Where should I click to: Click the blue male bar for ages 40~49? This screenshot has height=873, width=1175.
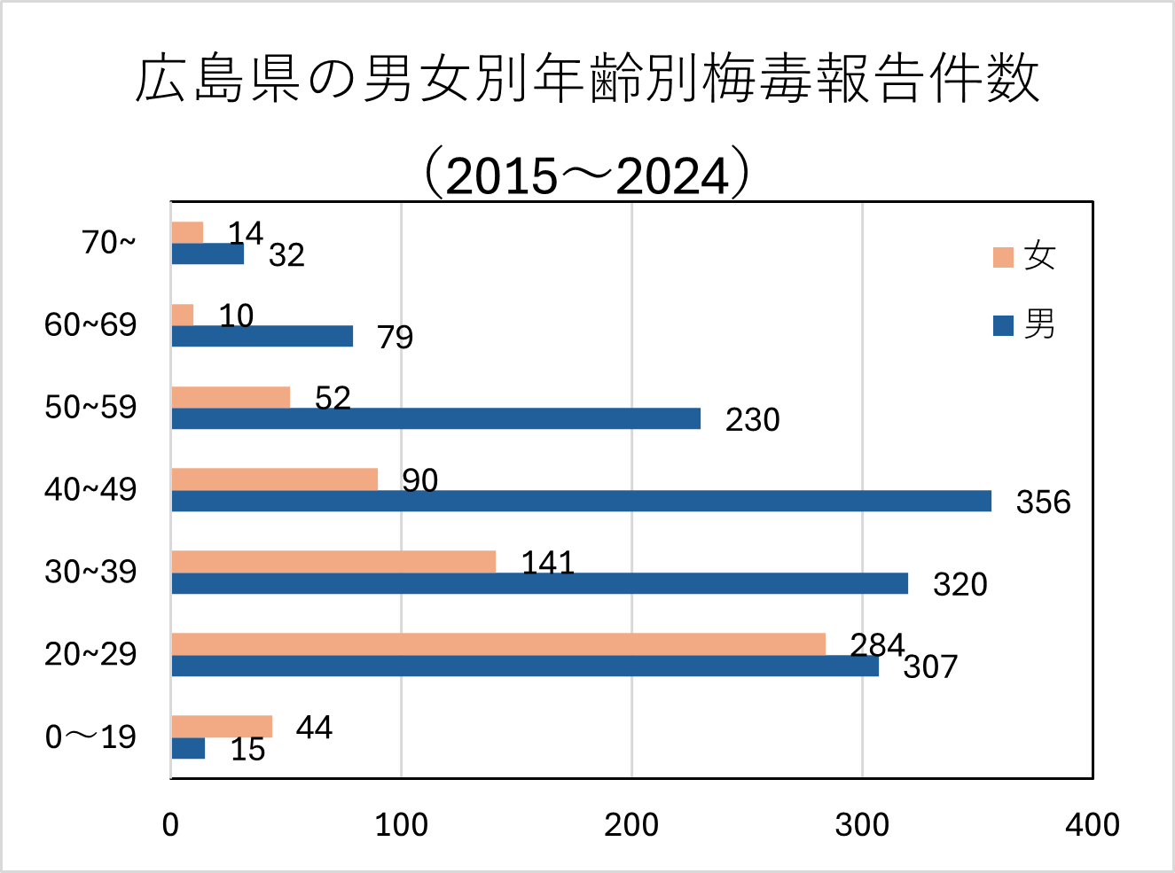(581, 501)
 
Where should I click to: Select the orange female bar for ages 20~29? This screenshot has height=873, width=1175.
(497, 644)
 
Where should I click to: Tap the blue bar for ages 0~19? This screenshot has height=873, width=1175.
(188, 749)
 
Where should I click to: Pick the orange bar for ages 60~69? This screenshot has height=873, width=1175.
(183, 315)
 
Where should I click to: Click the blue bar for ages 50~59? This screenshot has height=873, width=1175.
(435, 418)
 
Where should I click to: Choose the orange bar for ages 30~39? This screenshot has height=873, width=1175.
(333, 561)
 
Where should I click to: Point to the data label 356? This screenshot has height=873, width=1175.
(1043, 503)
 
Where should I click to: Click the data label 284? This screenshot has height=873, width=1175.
(876, 644)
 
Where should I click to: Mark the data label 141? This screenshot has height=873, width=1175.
(547, 563)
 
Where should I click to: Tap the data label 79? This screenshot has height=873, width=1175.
(395, 338)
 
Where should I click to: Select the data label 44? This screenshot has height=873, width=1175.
(314, 728)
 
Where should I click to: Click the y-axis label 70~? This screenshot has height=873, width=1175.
(109, 242)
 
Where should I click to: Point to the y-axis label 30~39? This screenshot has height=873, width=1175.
(90, 572)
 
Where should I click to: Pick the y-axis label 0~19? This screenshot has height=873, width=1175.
(90, 737)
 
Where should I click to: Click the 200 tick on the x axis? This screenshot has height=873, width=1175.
(631, 825)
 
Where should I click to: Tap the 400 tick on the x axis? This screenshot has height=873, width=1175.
(1092, 825)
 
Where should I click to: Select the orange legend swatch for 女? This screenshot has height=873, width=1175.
(1003, 257)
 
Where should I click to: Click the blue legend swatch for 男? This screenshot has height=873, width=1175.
(1003, 325)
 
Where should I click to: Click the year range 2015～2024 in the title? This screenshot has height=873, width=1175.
(587, 175)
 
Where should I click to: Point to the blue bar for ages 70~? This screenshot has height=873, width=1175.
(208, 253)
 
